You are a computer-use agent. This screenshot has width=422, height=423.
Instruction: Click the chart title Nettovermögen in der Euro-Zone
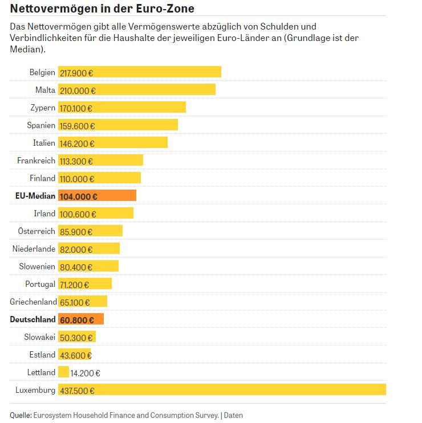[x=102, y=9]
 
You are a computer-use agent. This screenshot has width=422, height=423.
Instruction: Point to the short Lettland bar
[x=63, y=372]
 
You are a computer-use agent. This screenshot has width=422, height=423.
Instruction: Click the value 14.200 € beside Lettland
[x=86, y=373]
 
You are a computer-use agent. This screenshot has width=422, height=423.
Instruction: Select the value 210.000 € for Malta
[x=78, y=91]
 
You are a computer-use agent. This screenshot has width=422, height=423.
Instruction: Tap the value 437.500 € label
[x=77, y=391]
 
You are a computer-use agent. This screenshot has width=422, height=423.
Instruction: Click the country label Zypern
[x=43, y=108]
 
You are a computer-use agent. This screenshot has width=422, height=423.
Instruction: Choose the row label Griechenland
[x=33, y=302]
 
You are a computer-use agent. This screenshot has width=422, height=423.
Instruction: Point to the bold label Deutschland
[x=33, y=319]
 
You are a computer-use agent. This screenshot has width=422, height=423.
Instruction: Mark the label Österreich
[x=36, y=231]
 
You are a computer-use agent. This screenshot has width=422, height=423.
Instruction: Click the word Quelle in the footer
[x=21, y=415]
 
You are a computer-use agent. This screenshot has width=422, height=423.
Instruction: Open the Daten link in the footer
[x=233, y=415]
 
